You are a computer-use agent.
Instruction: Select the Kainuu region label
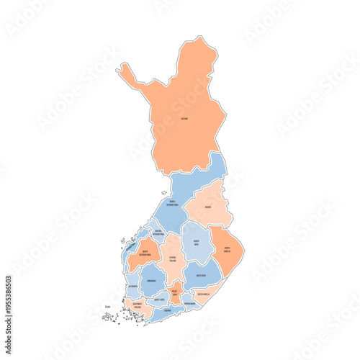click(207, 207)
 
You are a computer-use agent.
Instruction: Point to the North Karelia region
click(228, 249)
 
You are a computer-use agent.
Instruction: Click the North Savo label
click(196, 243)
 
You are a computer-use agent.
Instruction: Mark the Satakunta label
click(132, 286)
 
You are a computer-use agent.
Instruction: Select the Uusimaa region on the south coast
click(167, 310)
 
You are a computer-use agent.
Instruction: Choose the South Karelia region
click(204, 294)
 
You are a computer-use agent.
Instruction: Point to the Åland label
click(107, 307)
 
